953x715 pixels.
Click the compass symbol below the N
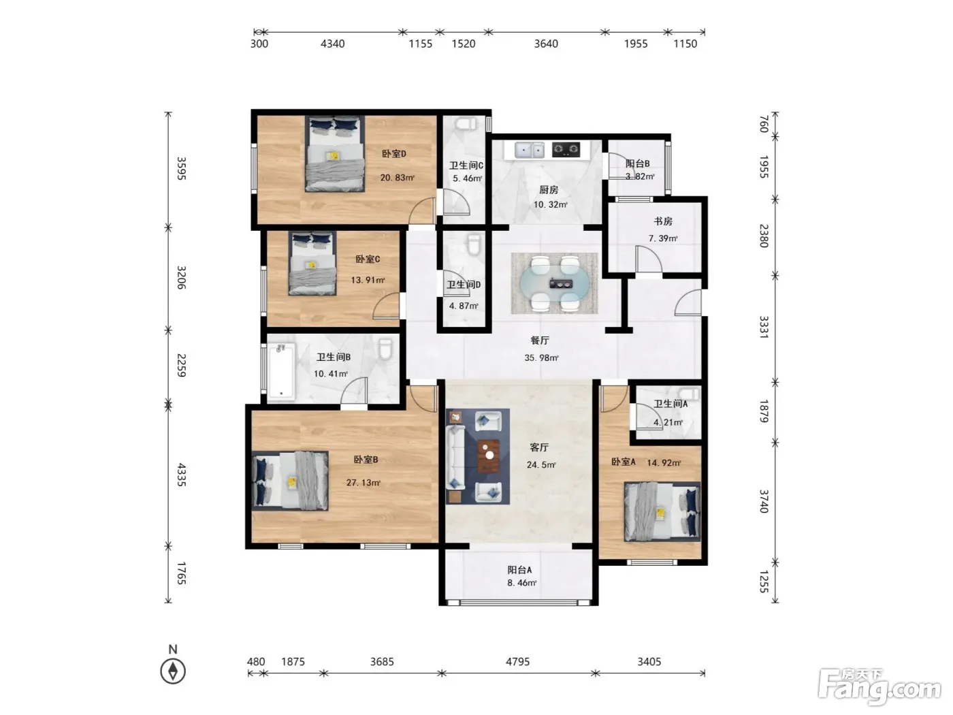(173, 671)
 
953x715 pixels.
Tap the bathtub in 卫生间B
(281, 371)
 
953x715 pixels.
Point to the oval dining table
(555, 283)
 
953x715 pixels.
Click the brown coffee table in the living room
(489, 456)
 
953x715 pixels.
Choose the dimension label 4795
(517, 662)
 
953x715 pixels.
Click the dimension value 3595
(182, 168)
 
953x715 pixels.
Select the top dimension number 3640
(546, 44)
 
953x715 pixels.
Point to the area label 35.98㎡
(541, 357)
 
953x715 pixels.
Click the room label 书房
(663, 221)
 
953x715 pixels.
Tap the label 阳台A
(519, 569)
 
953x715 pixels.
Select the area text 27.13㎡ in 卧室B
(363, 482)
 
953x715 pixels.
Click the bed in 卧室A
(662, 512)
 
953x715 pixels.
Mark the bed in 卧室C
(312, 263)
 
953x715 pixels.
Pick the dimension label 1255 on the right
(764, 582)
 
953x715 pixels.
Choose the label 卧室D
(393, 154)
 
